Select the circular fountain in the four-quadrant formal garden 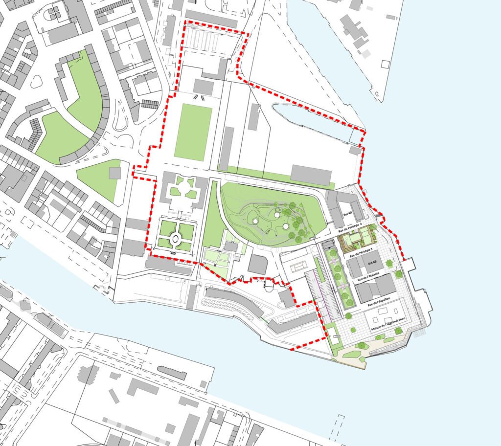[x=175, y=240]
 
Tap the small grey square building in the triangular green [x=115, y=173]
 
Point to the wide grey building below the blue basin [x=311, y=175]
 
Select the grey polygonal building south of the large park [x=258, y=264]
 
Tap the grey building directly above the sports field [x=204, y=87]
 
